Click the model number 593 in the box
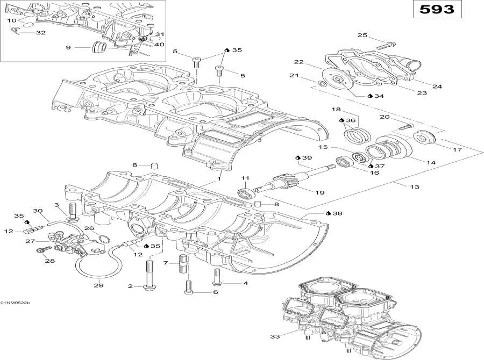[x=436, y=9]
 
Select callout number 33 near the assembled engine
[x=276, y=337]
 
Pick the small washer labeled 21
[x=321, y=84]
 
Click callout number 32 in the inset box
[x=41, y=33]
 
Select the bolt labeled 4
[x=217, y=277]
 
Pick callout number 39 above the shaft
[x=307, y=158]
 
